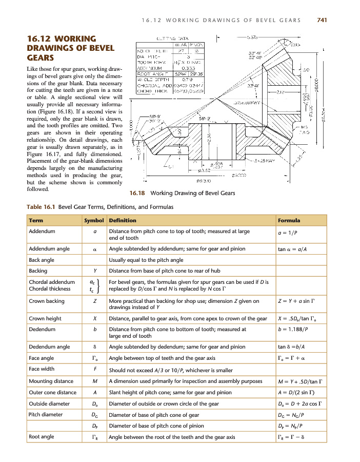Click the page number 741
[322, 20]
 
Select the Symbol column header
[94, 220]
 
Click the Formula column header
[289, 220]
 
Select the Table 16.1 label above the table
[41, 207]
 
